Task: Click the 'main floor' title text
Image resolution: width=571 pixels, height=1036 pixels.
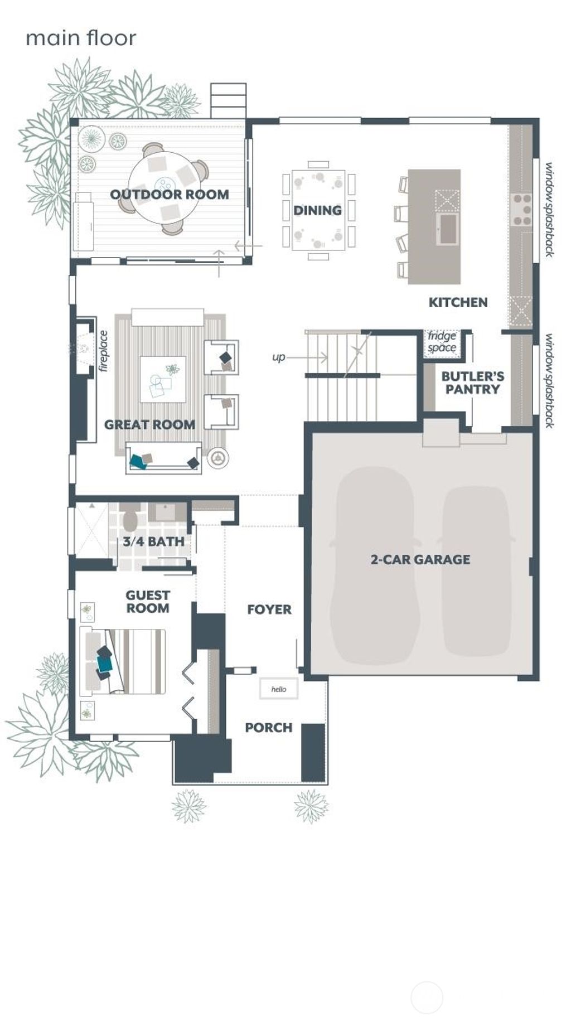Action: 81,38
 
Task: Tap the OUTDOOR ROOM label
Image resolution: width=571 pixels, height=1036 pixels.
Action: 169,195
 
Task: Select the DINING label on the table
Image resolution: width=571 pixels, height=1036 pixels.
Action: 317,210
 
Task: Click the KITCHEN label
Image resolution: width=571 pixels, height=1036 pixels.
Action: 458,302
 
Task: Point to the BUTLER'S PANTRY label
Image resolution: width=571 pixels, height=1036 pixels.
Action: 472,383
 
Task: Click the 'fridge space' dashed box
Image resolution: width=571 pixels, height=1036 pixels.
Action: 442,342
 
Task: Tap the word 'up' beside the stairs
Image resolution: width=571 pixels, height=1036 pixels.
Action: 278,357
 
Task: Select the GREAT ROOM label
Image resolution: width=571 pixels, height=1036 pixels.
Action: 149,424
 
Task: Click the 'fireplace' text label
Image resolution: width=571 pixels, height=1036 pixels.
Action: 103,351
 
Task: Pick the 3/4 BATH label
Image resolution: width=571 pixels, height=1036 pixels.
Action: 153,541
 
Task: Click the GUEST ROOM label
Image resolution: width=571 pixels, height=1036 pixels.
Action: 147,602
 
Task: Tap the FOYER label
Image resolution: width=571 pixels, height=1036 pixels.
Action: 269,609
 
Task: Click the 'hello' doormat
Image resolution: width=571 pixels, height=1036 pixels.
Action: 279,689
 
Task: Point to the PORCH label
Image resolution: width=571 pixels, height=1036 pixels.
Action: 268,728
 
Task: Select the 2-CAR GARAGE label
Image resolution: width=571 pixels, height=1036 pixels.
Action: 420,559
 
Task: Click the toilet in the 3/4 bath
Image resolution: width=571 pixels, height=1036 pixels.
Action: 130,520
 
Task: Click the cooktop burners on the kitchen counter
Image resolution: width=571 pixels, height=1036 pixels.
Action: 522,209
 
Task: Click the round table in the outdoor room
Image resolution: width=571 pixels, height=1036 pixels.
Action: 164,187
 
